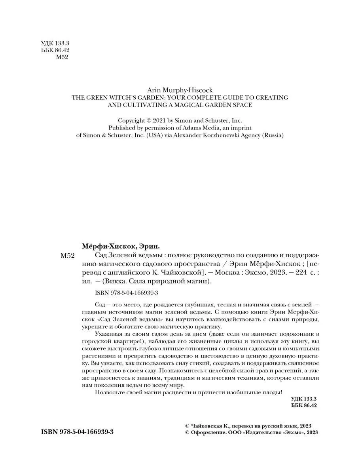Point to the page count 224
click(x=292, y=272)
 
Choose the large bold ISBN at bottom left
click(x=78, y=432)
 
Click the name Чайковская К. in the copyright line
click(x=210, y=426)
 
